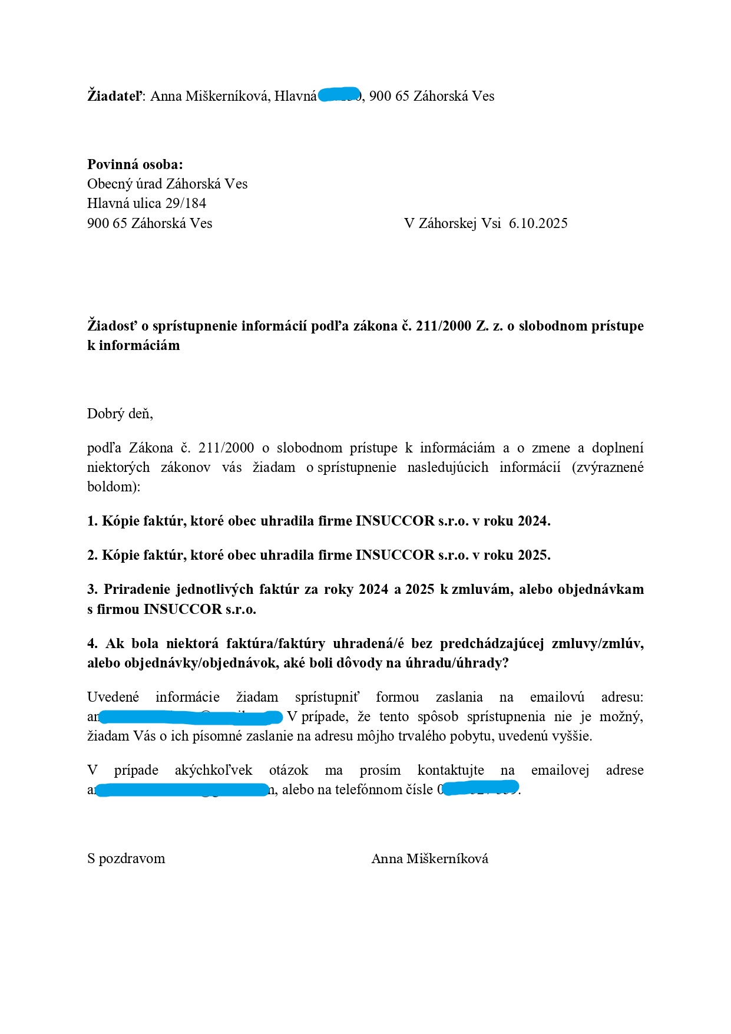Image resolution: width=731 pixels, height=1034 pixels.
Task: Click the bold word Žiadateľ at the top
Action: coord(114,96)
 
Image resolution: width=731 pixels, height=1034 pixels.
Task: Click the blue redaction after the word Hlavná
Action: coord(340,94)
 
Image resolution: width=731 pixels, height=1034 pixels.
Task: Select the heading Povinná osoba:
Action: coord(135,164)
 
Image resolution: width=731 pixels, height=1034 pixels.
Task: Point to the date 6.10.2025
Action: coord(538,223)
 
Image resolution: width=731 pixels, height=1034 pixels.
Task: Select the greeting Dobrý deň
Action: coord(119,414)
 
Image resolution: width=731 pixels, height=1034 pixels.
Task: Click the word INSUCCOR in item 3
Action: coord(183,609)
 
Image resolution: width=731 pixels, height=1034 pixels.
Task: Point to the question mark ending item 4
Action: coord(505,663)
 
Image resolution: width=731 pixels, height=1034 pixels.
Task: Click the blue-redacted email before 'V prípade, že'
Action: coord(190,717)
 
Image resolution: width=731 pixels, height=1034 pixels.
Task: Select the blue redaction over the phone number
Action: coord(480,788)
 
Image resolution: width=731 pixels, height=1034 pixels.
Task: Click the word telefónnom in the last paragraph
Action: coord(365,789)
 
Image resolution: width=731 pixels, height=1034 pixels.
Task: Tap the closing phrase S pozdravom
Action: coord(126,858)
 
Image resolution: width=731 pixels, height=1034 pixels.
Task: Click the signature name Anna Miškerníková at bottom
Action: coord(429,858)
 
